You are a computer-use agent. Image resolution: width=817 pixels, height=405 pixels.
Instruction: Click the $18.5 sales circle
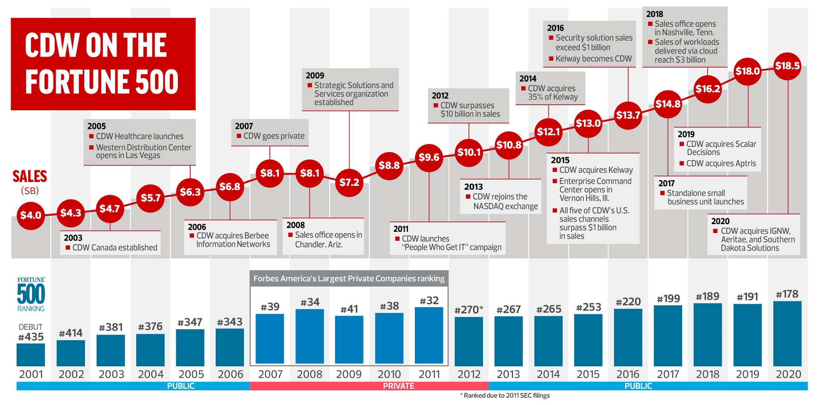tap(787, 66)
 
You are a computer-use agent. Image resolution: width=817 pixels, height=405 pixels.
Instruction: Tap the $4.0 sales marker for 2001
tap(31, 215)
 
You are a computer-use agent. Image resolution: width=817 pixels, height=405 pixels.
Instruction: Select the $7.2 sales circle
tap(349, 183)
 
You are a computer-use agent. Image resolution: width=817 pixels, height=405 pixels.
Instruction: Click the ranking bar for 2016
tap(628, 337)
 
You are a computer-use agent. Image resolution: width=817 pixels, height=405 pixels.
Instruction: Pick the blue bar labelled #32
tap(429, 335)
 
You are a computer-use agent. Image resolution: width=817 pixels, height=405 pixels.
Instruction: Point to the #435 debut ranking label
tap(31, 337)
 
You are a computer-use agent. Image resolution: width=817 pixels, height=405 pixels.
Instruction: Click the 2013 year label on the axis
tap(508, 374)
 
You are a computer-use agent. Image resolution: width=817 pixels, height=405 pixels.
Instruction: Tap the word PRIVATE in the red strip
tap(398, 386)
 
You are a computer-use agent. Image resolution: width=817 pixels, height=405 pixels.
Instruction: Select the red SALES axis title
tap(30, 177)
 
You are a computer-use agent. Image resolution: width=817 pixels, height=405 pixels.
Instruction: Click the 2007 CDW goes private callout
tap(270, 132)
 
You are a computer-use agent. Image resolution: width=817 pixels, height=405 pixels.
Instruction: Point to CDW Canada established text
tap(114, 248)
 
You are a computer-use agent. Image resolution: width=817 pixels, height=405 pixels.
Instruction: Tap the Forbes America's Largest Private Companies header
tap(349, 279)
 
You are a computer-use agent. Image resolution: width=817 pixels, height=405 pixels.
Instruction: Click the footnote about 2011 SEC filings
tap(505, 396)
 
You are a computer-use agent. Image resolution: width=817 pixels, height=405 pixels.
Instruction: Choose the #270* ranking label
tap(468, 310)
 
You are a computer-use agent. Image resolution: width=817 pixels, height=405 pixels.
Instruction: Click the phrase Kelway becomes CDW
tap(594, 59)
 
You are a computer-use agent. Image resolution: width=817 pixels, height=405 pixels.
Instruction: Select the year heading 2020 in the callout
tap(720, 221)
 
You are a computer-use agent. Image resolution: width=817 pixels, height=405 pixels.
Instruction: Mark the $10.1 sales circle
tap(468, 152)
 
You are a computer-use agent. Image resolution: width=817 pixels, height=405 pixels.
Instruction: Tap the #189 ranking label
tap(707, 296)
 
